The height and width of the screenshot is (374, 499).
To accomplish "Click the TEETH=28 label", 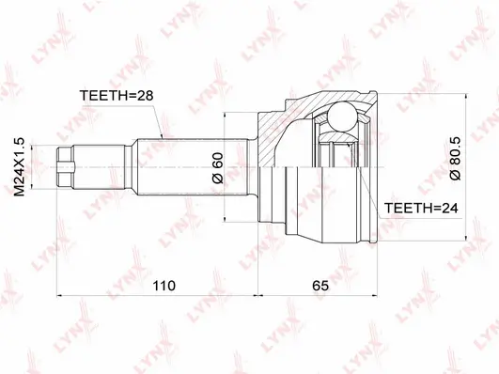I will (x=117, y=94).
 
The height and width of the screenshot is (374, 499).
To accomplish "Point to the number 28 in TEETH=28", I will (x=144, y=94).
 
